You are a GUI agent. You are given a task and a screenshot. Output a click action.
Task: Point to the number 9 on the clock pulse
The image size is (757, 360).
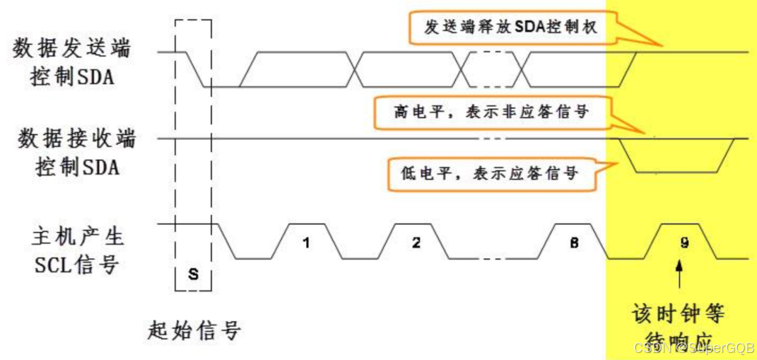coord(684,243)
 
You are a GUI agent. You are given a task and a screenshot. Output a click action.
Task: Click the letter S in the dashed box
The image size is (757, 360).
coord(193,274)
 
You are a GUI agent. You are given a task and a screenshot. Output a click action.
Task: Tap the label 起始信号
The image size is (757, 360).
coord(196,330)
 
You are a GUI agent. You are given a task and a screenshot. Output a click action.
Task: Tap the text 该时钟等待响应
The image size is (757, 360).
coord(679,325)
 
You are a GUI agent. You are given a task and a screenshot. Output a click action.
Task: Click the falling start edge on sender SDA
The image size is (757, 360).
coord(195,69)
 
